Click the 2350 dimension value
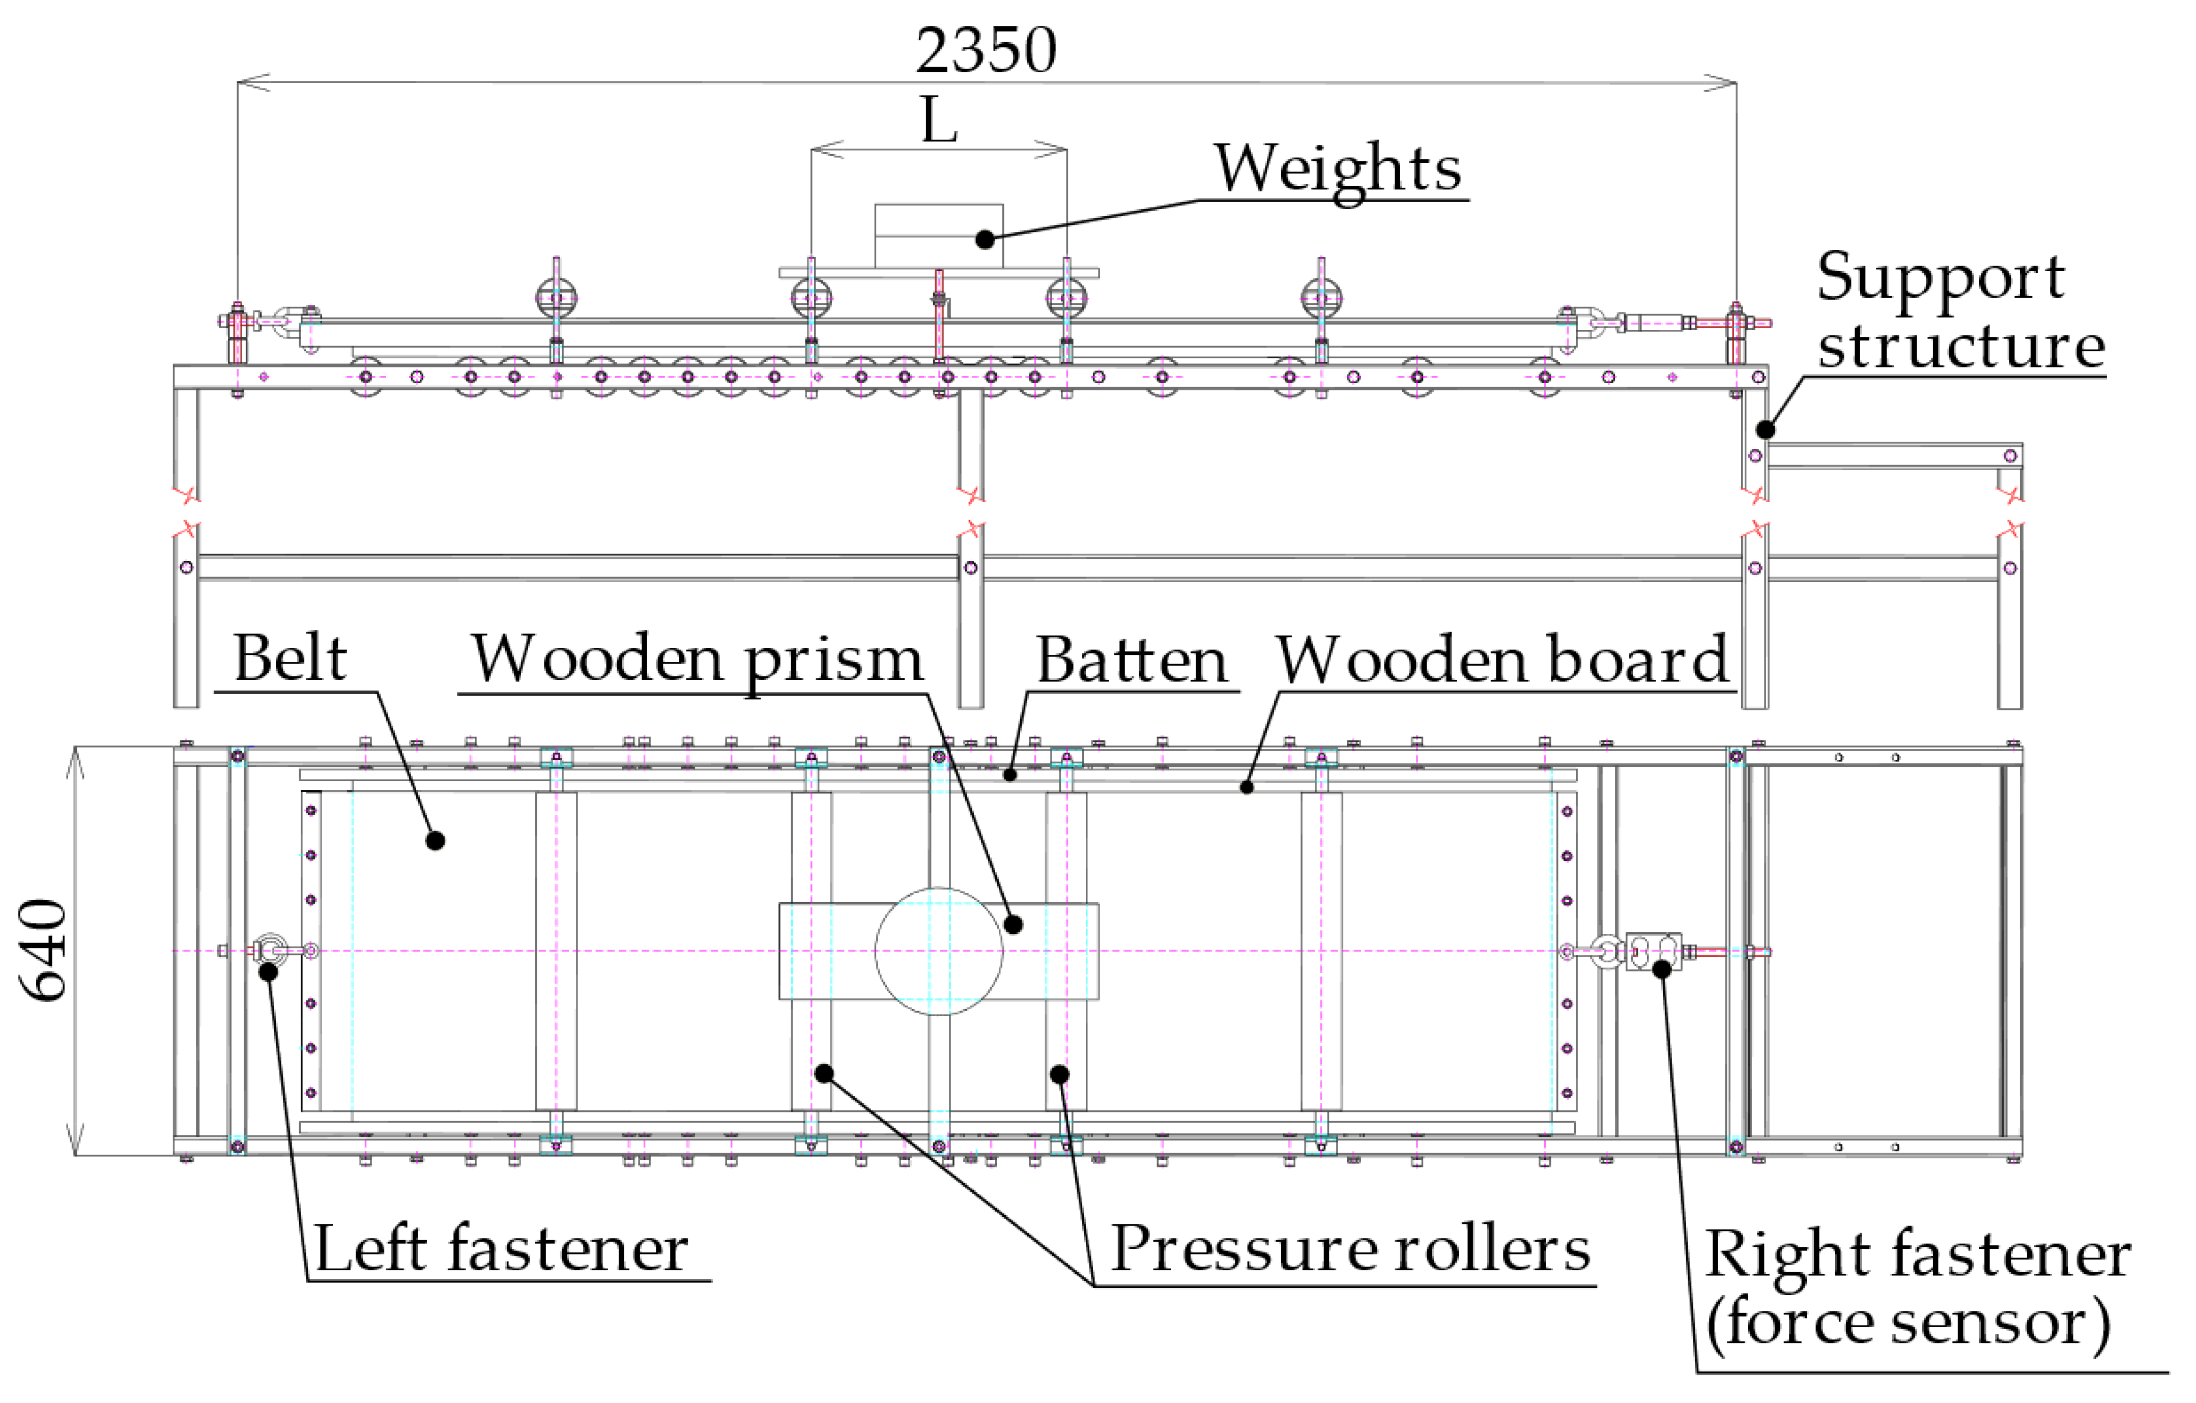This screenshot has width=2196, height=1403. (x=986, y=50)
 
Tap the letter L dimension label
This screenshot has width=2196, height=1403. (x=938, y=121)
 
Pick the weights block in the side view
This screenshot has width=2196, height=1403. (x=938, y=235)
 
